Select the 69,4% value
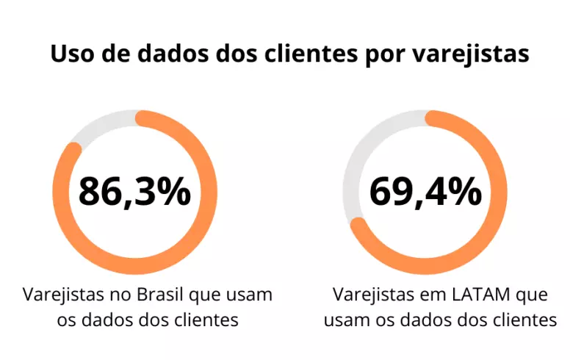[x=425, y=192]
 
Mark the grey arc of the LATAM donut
[x=353, y=169]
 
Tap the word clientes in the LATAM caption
[x=526, y=320]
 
